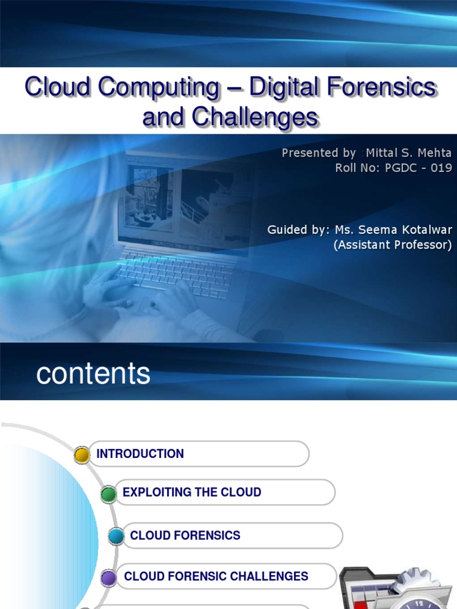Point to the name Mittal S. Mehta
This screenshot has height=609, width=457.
(409, 153)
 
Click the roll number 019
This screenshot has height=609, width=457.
(441, 168)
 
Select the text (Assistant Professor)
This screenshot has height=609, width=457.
(393, 244)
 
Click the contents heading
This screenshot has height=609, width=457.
(93, 374)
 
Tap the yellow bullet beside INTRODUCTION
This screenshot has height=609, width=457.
(82, 456)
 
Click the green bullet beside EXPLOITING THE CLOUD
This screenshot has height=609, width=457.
(108, 494)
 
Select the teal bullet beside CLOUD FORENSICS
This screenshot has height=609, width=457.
(117, 537)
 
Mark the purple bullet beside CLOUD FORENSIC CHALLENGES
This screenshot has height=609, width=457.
(108, 577)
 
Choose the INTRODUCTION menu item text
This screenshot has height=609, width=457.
(140, 454)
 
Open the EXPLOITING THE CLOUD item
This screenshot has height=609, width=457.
(192, 492)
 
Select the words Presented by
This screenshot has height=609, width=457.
(318, 153)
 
